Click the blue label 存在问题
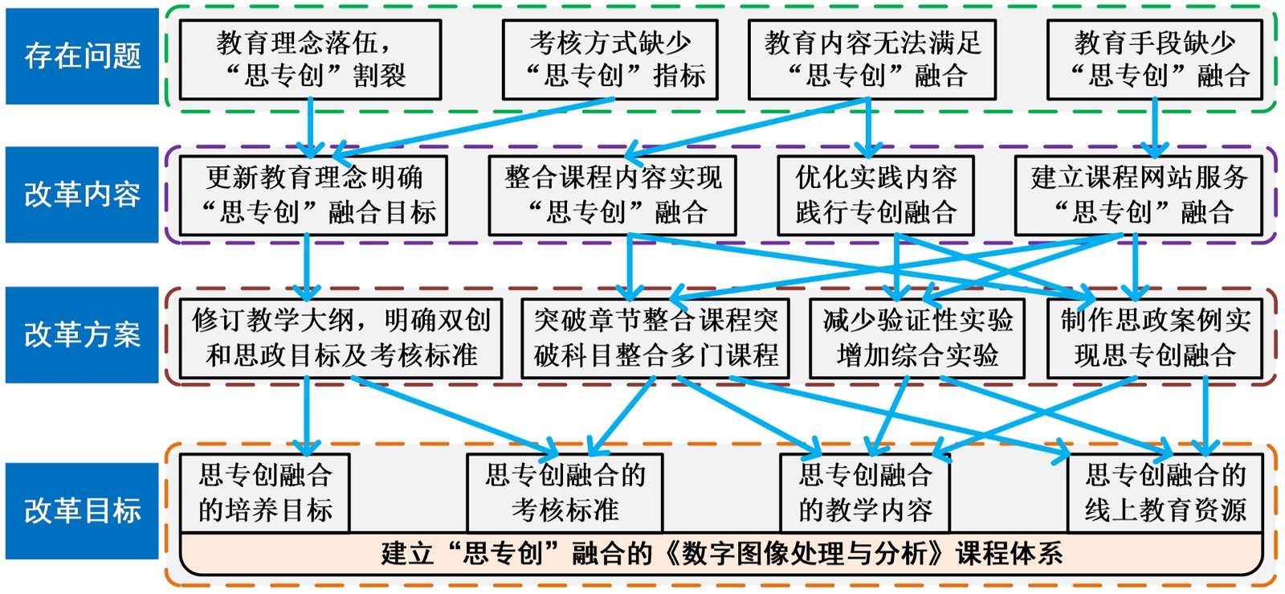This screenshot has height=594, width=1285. [x=82, y=56]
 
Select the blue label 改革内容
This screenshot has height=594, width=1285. [x=82, y=195]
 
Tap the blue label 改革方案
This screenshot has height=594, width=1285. [x=82, y=334]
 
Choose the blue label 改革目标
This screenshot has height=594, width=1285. [x=82, y=510]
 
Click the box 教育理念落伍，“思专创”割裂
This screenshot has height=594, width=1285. [x=310, y=59]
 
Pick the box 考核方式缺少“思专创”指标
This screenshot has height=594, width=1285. [x=610, y=59]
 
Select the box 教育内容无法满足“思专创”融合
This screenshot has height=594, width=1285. [x=872, y=59]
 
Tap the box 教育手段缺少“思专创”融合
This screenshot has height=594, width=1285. [x=1154, y=59]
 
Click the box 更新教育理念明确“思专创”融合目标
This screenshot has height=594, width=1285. [x=313, y=195]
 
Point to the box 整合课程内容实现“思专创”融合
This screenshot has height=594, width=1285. [x=612, y=195]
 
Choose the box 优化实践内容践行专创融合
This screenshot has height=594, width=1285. [x=875, y=195]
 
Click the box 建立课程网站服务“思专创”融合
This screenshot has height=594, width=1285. [x=1138, y=195]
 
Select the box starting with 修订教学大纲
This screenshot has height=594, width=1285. [x=341, y=338]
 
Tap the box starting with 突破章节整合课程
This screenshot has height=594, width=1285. [x=655, y=338]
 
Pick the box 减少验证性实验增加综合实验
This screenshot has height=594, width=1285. [x=916, y=338]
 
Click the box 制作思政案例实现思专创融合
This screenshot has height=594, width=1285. [x=1154, y=338]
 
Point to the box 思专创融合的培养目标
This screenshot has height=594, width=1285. [x=264, y=493]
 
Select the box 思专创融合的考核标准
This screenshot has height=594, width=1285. [x=565, y=493]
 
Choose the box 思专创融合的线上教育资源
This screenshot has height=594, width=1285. [x=1165, y=493]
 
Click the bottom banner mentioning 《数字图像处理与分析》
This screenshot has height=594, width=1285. [x=721, y=554]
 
